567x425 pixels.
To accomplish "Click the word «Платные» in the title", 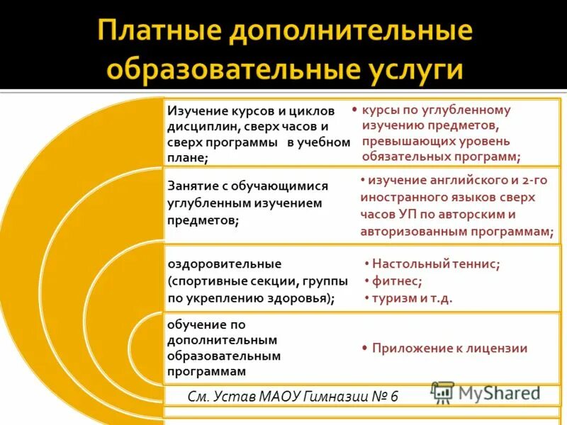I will click(x=153, y=33).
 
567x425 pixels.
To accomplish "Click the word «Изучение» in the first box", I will click(x=196, y=111).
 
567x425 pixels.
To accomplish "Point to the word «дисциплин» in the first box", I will click(x=198, y=127).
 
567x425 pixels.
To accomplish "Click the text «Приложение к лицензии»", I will click(x=449, y=348).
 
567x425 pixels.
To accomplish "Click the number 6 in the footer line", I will click(x=395, y=395).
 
